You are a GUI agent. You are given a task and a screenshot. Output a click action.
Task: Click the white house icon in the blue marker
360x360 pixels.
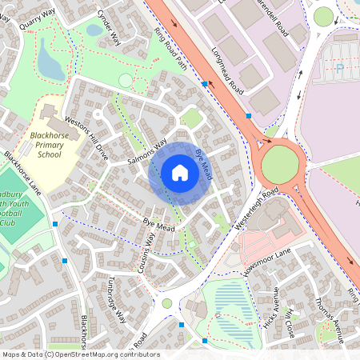tap(180, 173)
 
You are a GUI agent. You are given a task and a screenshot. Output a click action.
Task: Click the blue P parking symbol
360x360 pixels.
tap(339, 69)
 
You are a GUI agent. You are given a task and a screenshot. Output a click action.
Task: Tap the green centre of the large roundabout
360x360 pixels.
tap(280, 164)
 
